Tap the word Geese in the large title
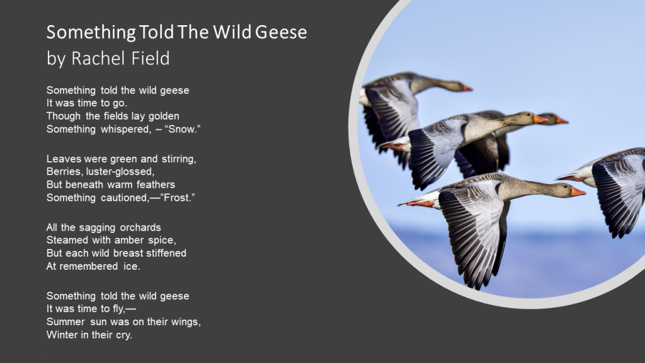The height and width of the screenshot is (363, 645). click(x=281, y=32)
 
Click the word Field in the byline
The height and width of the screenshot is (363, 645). click(x=151, y=58)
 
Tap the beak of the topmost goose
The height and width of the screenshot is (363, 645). click(x=467, y=88)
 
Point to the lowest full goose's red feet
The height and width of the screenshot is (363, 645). click(x=420, y=204)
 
